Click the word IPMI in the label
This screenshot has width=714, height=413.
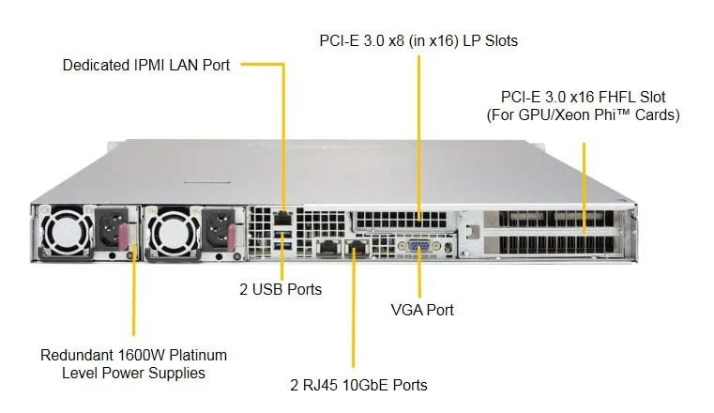click(x=149, y=65)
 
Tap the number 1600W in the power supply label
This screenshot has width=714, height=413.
click(x=136, y=355)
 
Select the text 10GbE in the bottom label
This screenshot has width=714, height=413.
click(x=366, y=385)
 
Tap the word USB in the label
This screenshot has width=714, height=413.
click(x=267, y=290)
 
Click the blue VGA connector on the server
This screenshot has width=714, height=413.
click(x=419, y=246)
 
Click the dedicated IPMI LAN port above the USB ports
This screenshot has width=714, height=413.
click(x=283, y=219)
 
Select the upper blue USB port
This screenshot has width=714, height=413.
click(x=283, y=235)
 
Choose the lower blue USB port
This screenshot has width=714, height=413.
click(x=283, y=246)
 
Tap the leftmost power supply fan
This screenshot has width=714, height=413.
click(x=66, y=233)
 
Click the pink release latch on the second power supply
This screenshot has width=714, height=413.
click(x=230, y=237)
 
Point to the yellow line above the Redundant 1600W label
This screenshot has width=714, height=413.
click(x=134, y=291)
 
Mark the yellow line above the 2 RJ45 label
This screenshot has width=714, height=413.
click(x=354, y=305)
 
